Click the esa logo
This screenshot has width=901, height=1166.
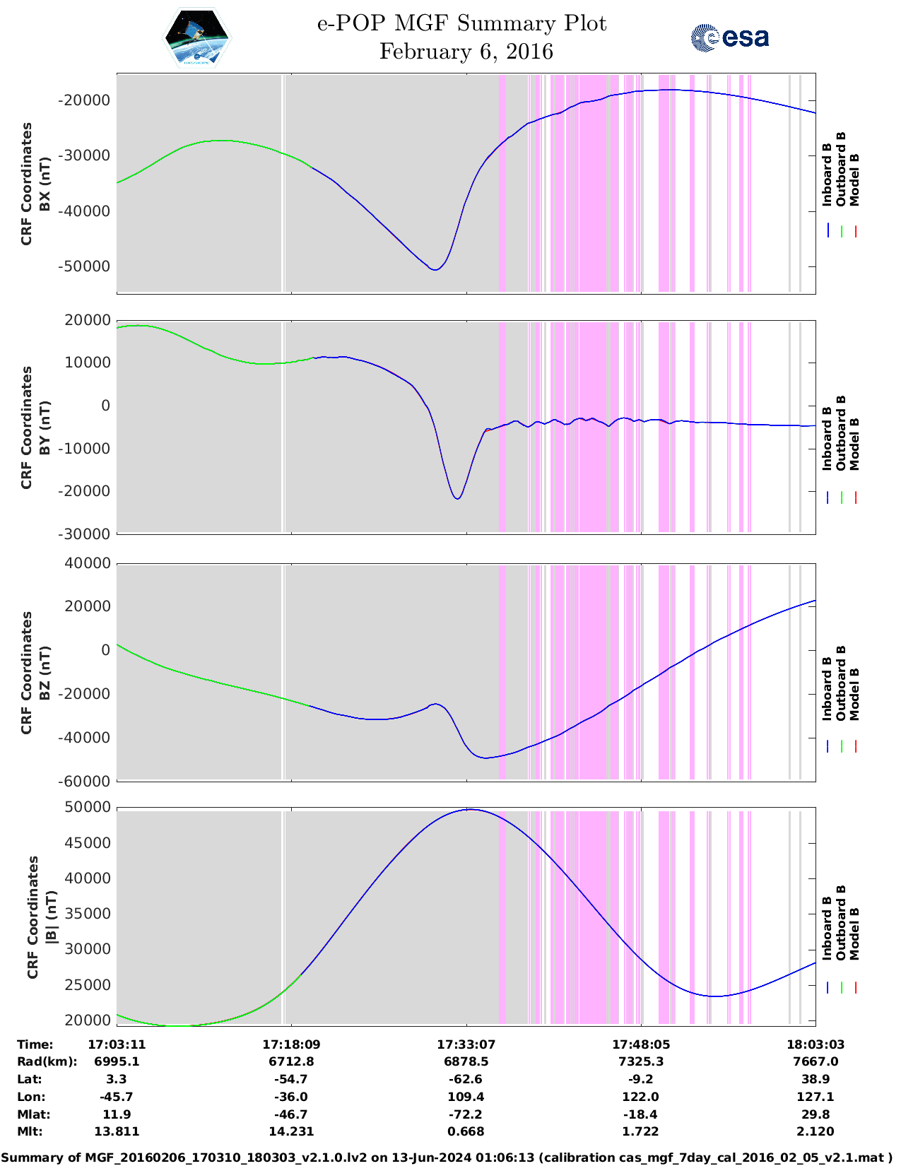pos(730,37)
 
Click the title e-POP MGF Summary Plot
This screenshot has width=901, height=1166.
pos(461,23)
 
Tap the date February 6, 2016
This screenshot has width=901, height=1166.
pos(466,52)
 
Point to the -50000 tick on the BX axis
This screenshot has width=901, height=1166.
pos(84,266)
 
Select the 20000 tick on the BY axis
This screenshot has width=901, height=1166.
pos(87,320)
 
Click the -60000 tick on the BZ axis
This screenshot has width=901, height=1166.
pos(84,781)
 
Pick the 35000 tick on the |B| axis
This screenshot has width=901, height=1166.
pos(88,914)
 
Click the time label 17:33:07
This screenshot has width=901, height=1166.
pos(466,1044)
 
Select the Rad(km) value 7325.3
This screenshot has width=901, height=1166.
pos(640,1061)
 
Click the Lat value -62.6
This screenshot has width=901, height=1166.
pos(466,1079)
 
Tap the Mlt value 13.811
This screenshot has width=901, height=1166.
pos(117,1131)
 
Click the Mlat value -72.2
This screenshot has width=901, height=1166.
pos(466,1114)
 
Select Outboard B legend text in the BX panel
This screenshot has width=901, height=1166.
pos(841,170)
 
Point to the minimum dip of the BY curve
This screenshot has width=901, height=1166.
pos(458,499)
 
